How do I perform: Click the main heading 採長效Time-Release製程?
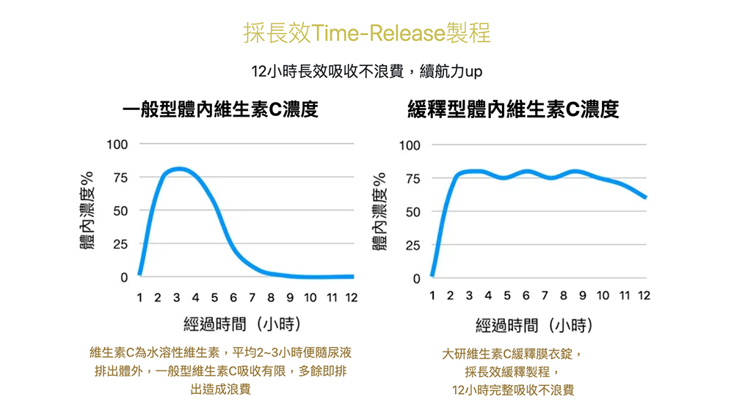(x=367, y=33)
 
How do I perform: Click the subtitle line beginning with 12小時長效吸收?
(x=366, y=72)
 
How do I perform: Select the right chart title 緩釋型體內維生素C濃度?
(x=513, y=110)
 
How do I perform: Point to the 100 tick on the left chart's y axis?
(x=117, y=144)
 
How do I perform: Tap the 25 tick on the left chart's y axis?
(x=120, y=244)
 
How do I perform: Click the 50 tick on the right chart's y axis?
(x=413, y=212)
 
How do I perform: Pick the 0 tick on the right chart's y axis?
(x=417, y=279)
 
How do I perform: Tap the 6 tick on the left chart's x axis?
(x=233, y=297)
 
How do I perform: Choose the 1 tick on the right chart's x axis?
(x=432, y=296)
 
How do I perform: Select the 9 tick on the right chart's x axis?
(x=583, y=296)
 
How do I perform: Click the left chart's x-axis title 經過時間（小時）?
(x=243, y=324)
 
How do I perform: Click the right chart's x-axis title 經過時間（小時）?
(x=535, y=324)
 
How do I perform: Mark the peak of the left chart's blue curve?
(x=178, y=169)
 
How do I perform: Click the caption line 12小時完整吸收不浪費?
(x=513, y=390)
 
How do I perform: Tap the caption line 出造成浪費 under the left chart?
(x=220, y=390)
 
